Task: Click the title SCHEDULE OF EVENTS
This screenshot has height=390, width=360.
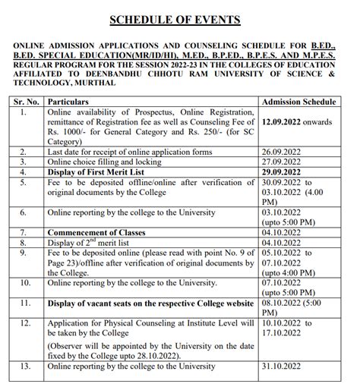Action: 180,19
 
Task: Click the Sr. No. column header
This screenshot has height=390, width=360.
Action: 27,100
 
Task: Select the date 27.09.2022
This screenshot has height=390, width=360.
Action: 282,161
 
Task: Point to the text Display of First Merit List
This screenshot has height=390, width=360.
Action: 105,171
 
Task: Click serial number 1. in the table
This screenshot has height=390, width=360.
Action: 24,111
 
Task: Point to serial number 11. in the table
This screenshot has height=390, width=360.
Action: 26,304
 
